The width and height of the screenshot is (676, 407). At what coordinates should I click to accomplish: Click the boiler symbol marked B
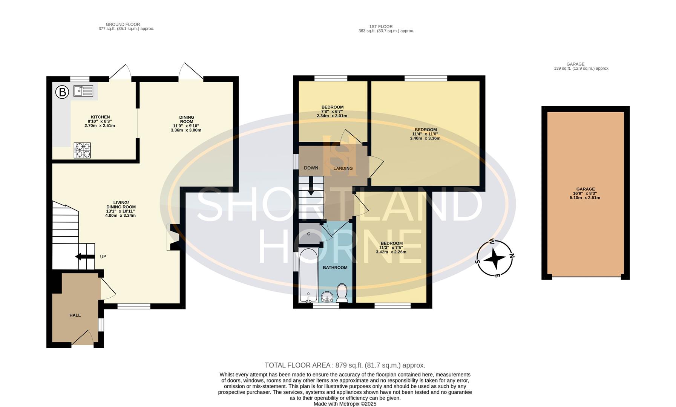62,92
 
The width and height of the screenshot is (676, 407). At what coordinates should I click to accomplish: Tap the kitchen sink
83,91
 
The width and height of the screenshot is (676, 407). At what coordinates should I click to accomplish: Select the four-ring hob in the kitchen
82,150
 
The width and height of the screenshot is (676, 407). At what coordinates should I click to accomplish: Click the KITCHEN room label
100,117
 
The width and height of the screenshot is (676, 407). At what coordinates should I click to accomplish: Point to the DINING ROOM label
186,119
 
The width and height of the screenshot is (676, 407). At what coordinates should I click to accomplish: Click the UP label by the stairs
103,257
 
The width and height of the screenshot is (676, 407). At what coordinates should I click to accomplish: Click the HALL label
75,315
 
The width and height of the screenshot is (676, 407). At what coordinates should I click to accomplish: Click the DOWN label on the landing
311,168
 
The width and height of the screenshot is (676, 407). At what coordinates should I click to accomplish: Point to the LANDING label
343,168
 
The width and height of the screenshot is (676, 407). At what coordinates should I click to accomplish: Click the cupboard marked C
309,234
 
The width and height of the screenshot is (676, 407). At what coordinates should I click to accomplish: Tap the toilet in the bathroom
342,293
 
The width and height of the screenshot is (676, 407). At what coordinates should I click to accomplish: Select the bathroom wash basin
327,298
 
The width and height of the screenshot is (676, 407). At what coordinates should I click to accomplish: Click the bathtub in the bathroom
308,275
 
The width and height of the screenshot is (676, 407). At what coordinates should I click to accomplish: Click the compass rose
495,259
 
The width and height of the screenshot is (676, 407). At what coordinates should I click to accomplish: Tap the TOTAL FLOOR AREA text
345,365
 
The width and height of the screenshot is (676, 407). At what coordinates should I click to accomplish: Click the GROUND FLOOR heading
123,24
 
